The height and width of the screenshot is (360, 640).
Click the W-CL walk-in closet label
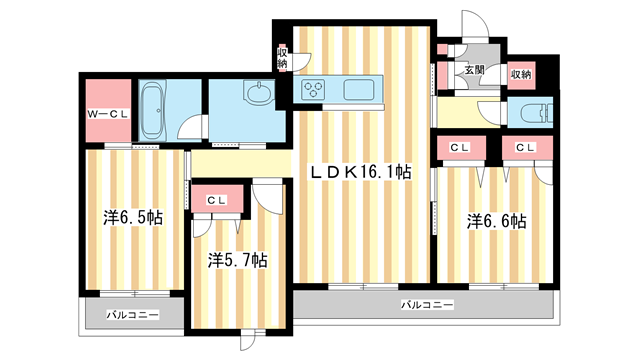click(x=106, y=112)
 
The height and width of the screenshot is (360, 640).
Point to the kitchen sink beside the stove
click(x=358, y=90)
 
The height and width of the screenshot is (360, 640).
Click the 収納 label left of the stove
click(x=283, y=57)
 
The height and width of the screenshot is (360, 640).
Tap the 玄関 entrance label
click(x=472, y=71)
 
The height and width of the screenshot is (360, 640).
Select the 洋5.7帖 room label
click(x=237, y=260)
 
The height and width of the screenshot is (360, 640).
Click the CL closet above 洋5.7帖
click(x=216, y=200)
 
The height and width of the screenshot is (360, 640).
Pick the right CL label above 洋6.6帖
click(x=525, y=148)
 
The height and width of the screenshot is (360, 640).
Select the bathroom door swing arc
click(x=196, y=127)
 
